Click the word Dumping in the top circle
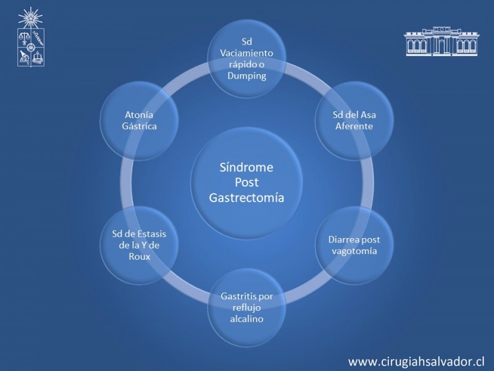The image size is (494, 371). click(246, 76)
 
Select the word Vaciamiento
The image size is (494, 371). click(246, 53)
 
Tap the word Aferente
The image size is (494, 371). click(354, 126)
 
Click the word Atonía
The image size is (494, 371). click(139, 114)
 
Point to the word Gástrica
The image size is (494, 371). click(140, 126)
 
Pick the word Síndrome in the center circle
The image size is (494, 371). click(246, 167)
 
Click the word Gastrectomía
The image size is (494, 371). click(246, 197)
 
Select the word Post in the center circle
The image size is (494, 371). click(246, 182)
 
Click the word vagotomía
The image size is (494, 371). click(354, 252)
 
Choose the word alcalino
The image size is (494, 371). click(246, 318)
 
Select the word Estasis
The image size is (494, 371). click(151, 234)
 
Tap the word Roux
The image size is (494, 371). click(140, 257)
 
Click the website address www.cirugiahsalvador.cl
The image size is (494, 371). click(416, 362)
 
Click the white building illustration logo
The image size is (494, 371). click(442, 41)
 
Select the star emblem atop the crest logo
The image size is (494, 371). click(30, 18)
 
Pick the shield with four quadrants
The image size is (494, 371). click(30, 48)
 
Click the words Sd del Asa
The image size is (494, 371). click(354, 114)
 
